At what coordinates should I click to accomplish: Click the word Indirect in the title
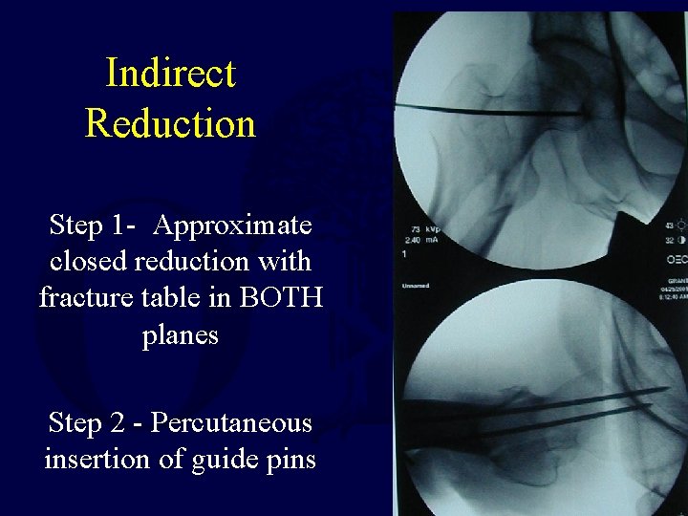click(x=170, y=74)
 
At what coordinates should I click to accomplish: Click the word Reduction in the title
click(x=170, y=123)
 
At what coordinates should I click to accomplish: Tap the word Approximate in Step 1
click(x=232, y=226)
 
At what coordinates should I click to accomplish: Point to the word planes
click(x=181, y=335)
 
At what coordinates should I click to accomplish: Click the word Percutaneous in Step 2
click(x=231, y=422)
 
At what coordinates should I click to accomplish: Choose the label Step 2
click(x=90, y=422)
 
